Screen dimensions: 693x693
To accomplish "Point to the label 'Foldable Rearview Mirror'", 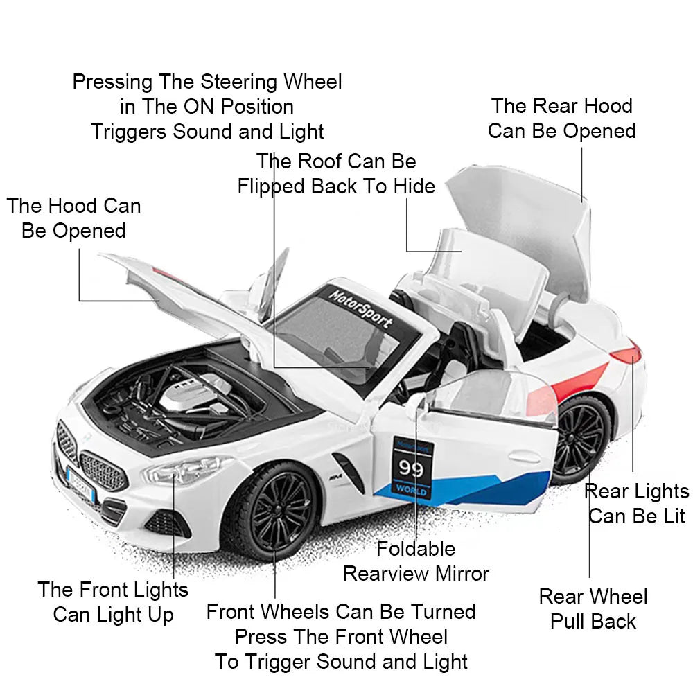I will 416,561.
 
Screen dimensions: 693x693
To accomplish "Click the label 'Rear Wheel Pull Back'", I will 593,609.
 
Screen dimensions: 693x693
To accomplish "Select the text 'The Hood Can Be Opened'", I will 73,218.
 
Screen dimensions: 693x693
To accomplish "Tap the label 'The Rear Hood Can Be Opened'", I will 561,119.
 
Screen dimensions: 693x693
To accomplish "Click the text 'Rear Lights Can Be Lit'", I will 637,504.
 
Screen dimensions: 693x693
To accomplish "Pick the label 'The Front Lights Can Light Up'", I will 113,602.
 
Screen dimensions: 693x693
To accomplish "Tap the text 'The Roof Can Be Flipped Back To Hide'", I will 336,174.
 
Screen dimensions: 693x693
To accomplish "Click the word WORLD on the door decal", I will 411,491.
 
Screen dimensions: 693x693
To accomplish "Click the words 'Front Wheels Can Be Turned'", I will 341,612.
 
